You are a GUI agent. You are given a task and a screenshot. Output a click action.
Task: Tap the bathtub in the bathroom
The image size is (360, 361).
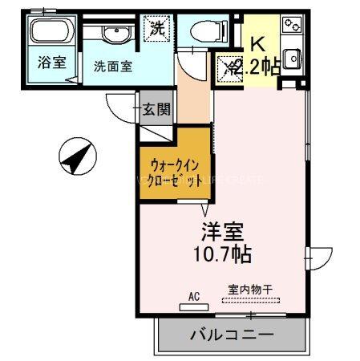point(51,34)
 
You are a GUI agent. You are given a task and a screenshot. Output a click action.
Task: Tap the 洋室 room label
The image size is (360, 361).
point(222,233)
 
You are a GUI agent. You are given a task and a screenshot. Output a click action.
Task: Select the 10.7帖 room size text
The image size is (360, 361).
point(222,255)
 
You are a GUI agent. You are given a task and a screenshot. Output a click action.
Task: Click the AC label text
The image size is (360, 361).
point(193,296)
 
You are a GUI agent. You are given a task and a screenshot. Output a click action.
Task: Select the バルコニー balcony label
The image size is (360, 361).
point(232,334)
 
